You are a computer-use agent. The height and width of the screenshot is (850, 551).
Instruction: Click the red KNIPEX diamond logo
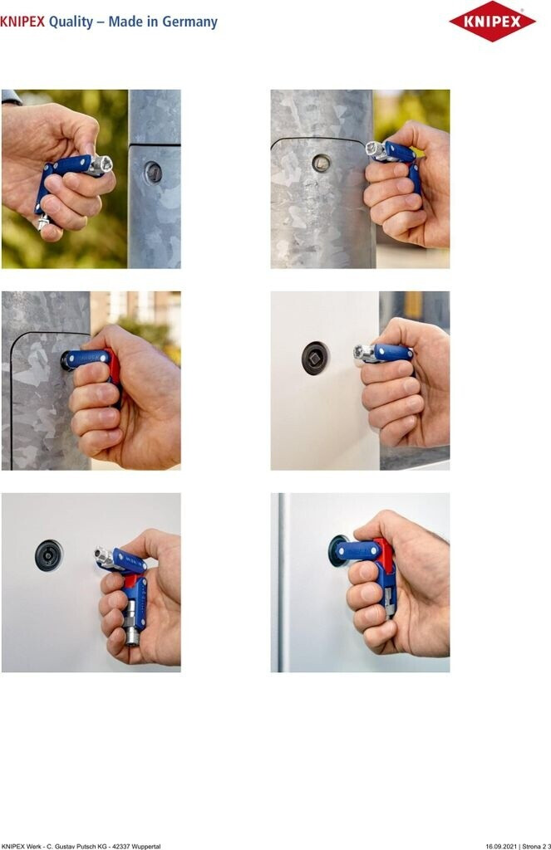[492, 21]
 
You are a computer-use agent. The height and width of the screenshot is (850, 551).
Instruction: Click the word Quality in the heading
[71, 22]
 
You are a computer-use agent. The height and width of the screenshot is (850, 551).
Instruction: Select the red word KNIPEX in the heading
[22, 22]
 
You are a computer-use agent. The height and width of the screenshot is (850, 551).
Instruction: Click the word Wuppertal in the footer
[147, 846]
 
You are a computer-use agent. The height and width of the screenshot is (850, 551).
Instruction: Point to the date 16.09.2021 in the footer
[500, 846]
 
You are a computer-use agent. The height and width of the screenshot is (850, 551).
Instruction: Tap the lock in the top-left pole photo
[153, 173]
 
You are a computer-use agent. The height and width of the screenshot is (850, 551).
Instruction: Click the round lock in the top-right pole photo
[321, 163]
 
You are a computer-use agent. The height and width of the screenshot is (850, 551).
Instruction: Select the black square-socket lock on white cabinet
[315, 359]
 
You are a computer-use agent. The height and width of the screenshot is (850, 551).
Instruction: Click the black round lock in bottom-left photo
[48, 555]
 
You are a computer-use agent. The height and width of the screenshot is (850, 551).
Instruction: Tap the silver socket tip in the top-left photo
[101, 165]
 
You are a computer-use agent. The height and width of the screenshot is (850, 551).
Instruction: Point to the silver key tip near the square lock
[362, 354]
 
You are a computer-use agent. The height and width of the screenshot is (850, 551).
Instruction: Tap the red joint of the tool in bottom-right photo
[384, 552]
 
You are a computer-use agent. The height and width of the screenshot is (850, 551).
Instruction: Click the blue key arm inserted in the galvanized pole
[87, 359]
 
